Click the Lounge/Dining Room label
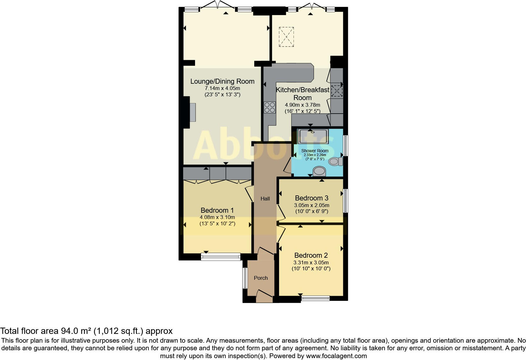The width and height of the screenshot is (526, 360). tap(222, 81)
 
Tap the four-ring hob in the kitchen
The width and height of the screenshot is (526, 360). tap(270, 107)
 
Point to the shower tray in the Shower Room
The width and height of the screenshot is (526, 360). tap(313, 136)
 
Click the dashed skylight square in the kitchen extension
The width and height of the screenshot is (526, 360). tap(286, 37)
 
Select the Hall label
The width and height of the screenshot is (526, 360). tap(265, 199)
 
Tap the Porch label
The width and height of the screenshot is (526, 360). tap(261, 278)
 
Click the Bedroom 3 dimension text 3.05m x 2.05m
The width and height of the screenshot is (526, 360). tap(311, 205)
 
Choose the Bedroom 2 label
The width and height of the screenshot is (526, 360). tap(311, 255)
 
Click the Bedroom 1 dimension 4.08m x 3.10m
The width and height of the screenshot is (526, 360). tap(217, 217)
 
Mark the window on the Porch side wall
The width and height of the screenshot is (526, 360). tap(245, 278)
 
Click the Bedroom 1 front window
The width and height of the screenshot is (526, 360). tap(221, 257)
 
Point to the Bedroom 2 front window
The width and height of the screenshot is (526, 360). tap(315, 298)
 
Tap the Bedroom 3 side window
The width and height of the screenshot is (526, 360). tap(345, 200)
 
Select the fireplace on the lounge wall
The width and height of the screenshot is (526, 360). tap(192, 112)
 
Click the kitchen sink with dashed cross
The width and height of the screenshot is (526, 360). tap(337, 91)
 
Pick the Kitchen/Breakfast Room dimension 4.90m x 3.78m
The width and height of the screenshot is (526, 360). tap(302, 105)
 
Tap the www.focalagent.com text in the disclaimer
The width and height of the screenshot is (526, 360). tap(336, 356)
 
